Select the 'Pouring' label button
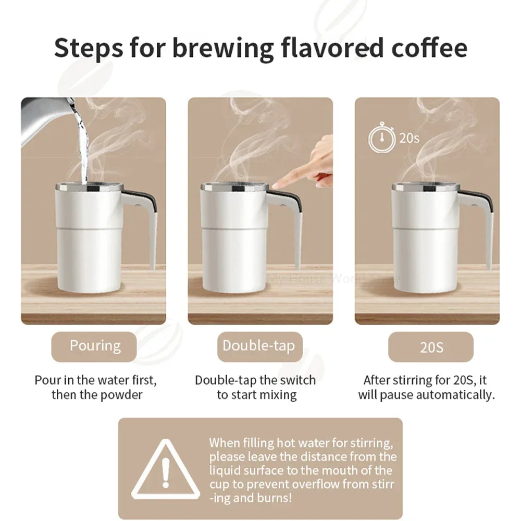pos(95,346)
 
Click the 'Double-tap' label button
pos(259,346)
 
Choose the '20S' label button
pos(431,347)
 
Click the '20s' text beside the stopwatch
pos(409,138)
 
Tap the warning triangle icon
pos(166,470)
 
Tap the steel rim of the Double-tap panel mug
pos(235,187)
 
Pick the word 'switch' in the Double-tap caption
pos(297,380)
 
